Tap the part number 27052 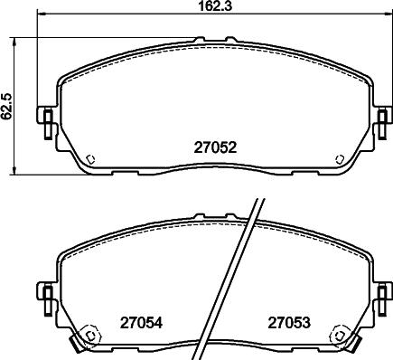point(215,147)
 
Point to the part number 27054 point(139,320)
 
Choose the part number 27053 point(286,320)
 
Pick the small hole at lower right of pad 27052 point(339,159)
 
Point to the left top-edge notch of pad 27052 point(195,40)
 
